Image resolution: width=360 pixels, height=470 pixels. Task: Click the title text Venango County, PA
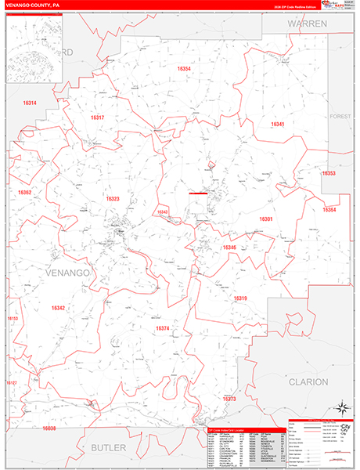point(31,5)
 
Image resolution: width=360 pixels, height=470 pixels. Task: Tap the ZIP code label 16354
point(184,69)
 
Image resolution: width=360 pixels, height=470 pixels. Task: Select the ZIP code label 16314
point(30,103)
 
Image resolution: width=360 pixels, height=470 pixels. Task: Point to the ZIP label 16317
point(97,117)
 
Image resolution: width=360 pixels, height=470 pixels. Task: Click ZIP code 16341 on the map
point(277,125)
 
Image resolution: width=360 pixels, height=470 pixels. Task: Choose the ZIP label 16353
point(329,173)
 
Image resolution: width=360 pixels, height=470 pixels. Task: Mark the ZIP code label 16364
point(329,209)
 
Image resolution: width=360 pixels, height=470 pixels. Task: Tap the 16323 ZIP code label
point(113,199)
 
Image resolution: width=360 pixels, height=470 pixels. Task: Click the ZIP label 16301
point(266,219)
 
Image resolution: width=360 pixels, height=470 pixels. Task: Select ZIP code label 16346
point(229,248)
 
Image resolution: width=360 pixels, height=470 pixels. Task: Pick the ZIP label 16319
point(240,298)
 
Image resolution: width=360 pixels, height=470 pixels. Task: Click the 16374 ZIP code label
point(163,328)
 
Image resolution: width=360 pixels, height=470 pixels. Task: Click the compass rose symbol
point(341,407)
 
